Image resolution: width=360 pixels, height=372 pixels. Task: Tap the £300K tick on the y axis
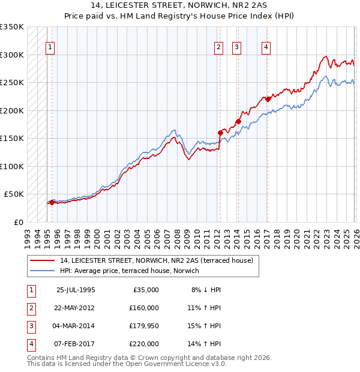coord(11,55)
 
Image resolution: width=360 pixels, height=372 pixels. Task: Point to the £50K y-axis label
coord(13,194)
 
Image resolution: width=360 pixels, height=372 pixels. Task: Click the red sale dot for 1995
coord(52,202)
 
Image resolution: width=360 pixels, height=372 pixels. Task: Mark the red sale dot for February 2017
coord(267,99)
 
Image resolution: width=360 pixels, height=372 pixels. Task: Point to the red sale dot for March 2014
coord(238,121)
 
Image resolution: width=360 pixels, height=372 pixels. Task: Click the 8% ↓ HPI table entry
coord(205,290)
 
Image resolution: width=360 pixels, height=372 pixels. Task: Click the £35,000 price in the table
coord(145,290)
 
